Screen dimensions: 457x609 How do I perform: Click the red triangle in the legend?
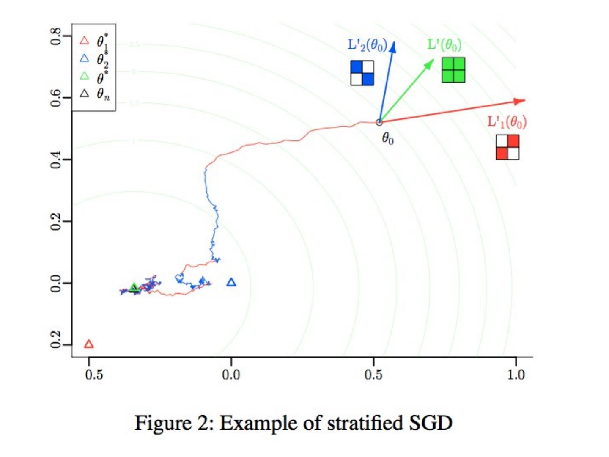[85, 41]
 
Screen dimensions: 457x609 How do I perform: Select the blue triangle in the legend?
[85, 58]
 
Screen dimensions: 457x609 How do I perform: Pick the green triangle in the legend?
[85, 76]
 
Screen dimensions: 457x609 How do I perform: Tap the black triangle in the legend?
[85, 94]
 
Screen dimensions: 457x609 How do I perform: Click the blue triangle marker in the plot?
[231, 282]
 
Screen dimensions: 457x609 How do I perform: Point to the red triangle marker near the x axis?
[89, 344]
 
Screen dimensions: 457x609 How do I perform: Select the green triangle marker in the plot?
[134, 288]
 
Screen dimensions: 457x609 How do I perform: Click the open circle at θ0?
[379, 122]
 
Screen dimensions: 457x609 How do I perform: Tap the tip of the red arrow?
[524, 100]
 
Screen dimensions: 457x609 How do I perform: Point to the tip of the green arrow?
[433, 60]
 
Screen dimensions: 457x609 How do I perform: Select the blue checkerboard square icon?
[362, 73]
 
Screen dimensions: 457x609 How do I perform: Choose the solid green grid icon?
[453, 70]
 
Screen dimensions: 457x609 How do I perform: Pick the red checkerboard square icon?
[507, 147]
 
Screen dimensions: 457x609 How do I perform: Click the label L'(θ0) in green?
[444, 44]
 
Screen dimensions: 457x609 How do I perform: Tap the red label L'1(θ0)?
[507, 122]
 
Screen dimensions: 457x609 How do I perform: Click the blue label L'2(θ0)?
[367, 45]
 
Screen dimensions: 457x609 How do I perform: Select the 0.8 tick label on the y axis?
[55, 36]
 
